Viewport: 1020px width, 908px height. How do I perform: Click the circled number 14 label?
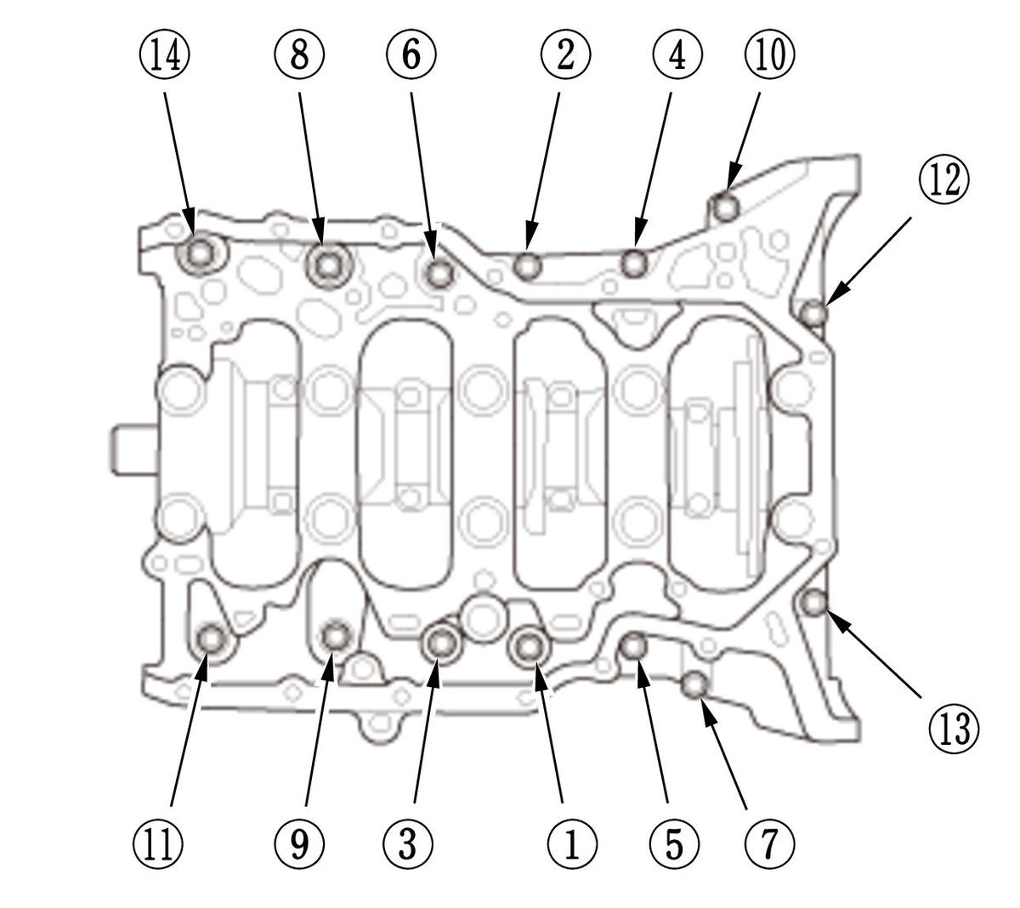[165, 57]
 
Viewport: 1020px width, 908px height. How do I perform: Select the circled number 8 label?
[299, 57]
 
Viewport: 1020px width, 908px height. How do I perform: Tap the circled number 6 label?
[411, 57]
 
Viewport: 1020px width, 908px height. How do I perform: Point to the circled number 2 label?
[565, 57]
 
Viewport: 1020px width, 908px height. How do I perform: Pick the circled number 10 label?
[769, 57]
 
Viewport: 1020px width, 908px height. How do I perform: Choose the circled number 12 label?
[943, 181]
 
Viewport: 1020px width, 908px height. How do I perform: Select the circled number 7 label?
[769, 844]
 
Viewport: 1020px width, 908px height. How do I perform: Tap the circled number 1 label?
[571, 844]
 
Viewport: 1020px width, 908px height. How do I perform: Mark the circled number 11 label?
[159, 844]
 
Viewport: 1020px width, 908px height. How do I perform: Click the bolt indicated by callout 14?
[201, 253]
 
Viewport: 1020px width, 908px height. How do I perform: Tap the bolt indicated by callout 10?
[724, 207]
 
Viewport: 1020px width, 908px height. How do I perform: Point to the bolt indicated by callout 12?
[813, 314]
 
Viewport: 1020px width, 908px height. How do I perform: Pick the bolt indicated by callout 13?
[814, 603]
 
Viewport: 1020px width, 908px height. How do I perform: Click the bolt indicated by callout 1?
[530, 646]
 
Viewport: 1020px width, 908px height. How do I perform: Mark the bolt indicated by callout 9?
[337, 635]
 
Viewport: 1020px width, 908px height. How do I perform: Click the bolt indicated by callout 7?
[695, 683]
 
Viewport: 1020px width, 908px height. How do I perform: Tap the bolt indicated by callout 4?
[634, 263]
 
